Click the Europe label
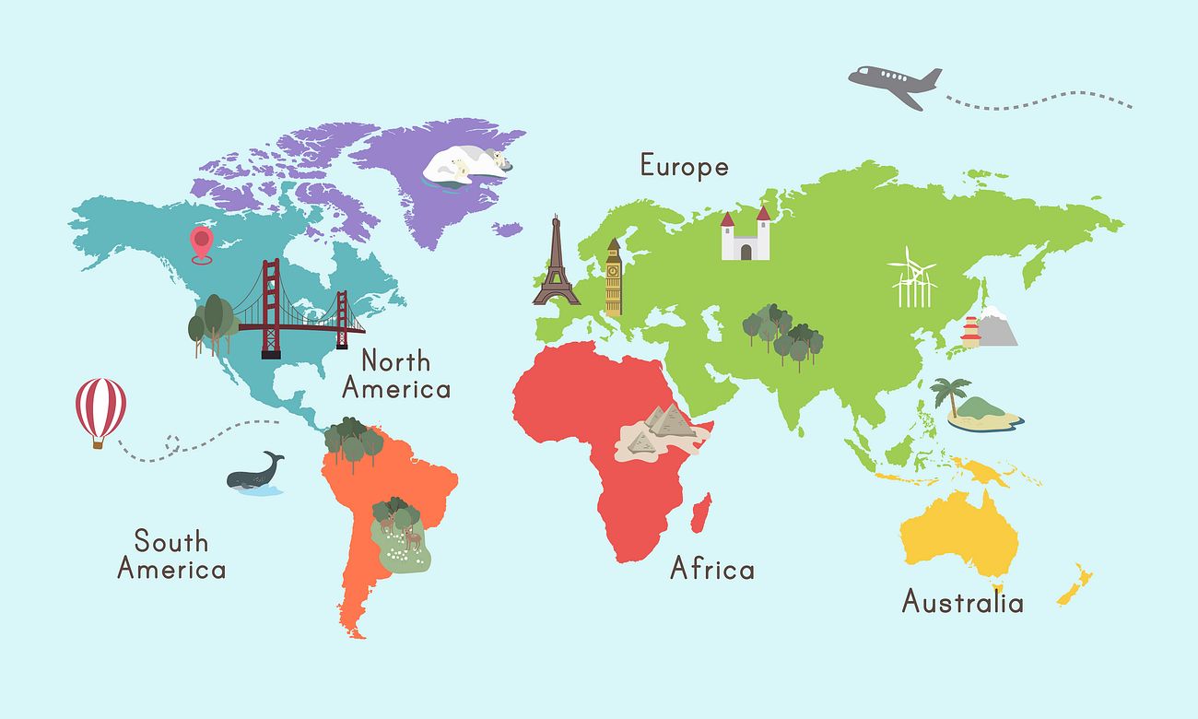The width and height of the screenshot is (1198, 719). tap(684, 167)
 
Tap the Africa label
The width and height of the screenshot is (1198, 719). tap(711, 569)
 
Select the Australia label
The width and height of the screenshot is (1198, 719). tap(962, 603)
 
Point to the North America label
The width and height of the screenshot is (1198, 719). tap(396, 374)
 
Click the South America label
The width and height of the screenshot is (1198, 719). tap(171, 554)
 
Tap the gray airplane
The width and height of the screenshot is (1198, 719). tap(895, 86)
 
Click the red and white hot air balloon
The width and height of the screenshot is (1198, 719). tap(100, 408)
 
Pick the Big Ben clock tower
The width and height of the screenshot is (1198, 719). tap(613, 277)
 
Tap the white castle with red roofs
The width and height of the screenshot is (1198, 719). tap(745, 236)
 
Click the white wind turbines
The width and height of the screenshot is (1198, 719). tap(912, 278)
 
